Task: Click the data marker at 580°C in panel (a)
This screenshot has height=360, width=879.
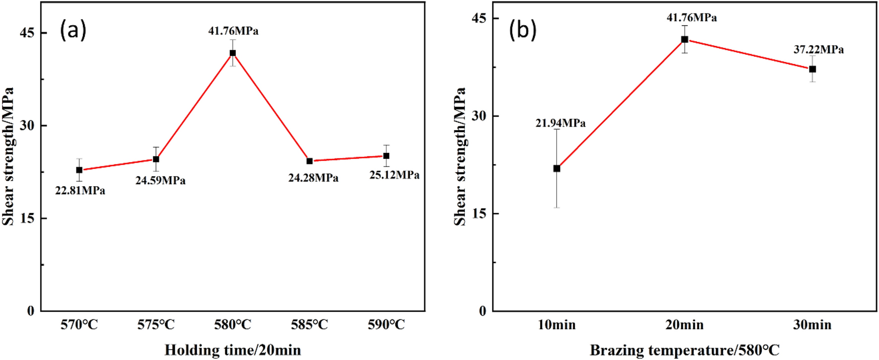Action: point(232,53)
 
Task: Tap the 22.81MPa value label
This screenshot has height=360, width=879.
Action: point(80,191)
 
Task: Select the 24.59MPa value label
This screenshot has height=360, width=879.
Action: point(160,181)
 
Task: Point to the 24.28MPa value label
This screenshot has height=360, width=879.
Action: point(313,178)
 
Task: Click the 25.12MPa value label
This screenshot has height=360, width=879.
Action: point(394,175)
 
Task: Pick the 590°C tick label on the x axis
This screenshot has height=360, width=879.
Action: point(386,325)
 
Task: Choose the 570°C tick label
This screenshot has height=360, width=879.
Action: point(79,325)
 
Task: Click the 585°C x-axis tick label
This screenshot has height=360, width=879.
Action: point(309,325)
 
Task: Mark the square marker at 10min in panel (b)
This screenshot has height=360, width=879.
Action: point(557,168)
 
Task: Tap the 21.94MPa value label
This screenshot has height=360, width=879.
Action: point(560,123)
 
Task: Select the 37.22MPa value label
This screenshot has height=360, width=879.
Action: point(818,50)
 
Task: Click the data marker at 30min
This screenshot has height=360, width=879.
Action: point(812,69)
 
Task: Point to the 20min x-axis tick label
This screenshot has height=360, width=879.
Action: point(684,325)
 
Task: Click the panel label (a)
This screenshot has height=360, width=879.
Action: point(73,30)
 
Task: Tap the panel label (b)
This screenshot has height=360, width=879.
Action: point(522,30)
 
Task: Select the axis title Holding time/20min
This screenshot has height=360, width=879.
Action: point(232,350)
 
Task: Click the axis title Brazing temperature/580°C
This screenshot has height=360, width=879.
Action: point(684,350)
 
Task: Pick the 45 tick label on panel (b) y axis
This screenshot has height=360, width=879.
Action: point(479,18)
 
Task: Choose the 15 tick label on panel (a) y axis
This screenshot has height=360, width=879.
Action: point(27,218)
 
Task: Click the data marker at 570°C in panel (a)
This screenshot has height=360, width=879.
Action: point(79,170)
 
